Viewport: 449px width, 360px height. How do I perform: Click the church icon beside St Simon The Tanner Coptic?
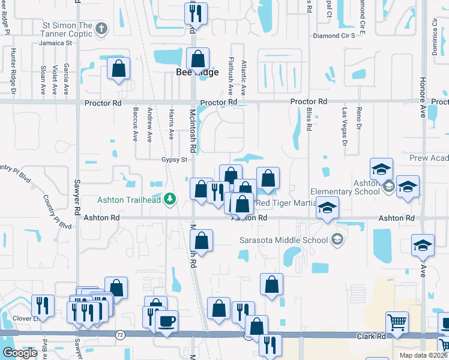click(102, 28)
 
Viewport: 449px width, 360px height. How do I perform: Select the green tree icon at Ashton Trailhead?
click(170, 198)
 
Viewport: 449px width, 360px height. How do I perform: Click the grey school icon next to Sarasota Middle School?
click(337, 240)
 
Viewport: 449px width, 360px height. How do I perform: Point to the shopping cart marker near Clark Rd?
click(397, 323)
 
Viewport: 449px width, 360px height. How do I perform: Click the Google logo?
click(20, 353)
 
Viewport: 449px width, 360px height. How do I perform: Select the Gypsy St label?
click(175, 160)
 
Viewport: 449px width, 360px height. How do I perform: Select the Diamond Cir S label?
click(338, 35)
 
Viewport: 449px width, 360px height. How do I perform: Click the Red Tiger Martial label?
click(286, 203)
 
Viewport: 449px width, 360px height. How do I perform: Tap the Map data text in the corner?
click(422, 355)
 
